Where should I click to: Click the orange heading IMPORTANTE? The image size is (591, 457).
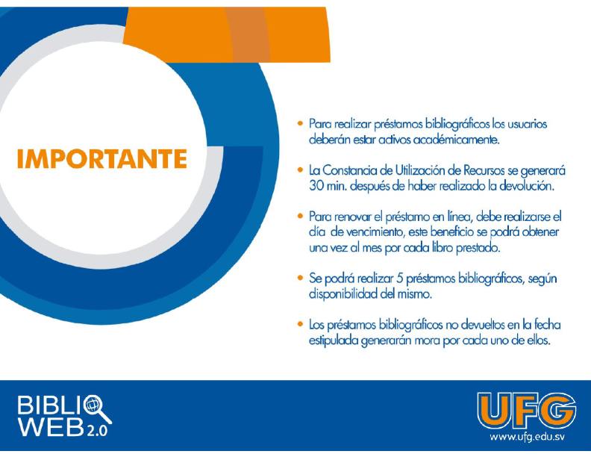(x=101, y=158)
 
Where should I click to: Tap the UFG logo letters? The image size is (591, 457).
(x=527, y=411)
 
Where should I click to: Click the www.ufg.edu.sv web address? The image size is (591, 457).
(x=527, y=437)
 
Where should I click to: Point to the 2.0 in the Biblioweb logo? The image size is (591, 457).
(x=97, y=430)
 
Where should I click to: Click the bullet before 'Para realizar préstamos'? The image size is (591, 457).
(x=300, y=123)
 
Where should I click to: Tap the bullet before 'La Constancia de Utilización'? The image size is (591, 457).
(x=300, y=170)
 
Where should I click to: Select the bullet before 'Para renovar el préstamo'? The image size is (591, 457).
(x=300, y=216)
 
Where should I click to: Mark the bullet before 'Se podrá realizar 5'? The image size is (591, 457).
(x=300, y=278)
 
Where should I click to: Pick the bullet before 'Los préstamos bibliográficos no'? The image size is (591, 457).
(x=300, y=324)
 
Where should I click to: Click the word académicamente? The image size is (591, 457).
(x=457, y=140)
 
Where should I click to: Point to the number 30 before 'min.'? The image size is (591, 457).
(x=316, y=186)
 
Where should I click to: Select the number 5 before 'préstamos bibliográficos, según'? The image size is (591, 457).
(x=400, y=279)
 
